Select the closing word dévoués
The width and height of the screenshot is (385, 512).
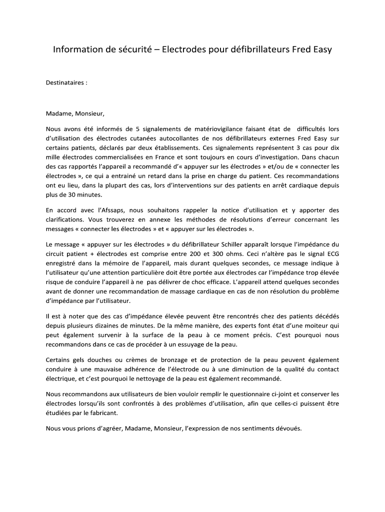coord(288,428)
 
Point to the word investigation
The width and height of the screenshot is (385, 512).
coord(269,158)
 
